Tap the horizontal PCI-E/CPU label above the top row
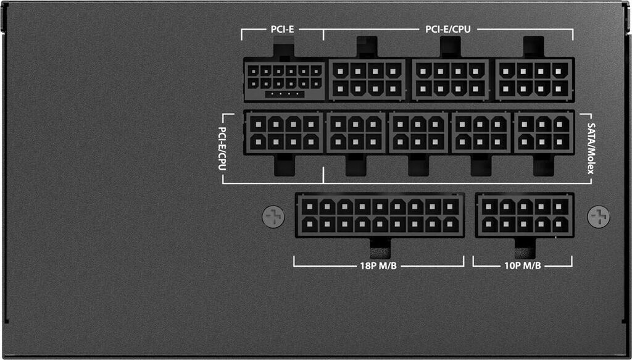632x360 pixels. coord(449,29)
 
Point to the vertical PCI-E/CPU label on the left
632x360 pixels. coord(222,148)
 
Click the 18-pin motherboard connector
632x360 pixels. coord(380,216)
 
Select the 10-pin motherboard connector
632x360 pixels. coord(525,216)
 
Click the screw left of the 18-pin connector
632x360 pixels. coord(273,216)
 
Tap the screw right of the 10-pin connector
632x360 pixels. coord(598,216)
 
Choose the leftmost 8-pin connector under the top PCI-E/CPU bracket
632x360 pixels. coord(367,80)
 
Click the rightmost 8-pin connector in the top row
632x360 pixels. coord(534,80)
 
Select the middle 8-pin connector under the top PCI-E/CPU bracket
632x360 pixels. coord(451,80)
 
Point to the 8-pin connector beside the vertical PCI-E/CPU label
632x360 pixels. coord(283,132)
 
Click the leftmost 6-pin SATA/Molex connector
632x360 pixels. coord(355,132)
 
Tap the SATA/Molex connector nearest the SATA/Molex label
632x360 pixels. coord(544,132)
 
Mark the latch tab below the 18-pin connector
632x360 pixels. coord(379,247)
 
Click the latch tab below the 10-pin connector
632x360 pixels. coord(525,247)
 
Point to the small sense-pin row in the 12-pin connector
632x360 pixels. coord(283,94)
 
